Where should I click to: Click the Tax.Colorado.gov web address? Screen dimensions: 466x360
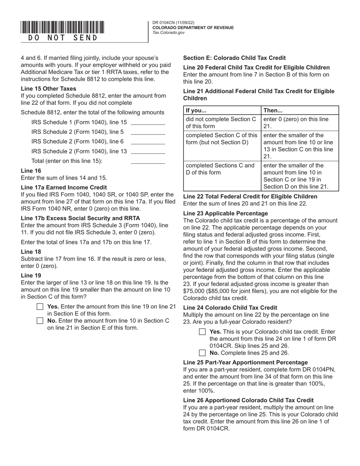(x=169, y=33)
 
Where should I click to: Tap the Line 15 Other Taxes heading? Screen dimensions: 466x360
(x=49, y=89)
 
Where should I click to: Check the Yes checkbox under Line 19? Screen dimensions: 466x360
(x=40, y=306)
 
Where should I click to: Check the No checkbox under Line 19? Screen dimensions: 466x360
(x=40, y=321)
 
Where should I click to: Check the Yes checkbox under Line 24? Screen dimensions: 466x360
(x=202, y=332)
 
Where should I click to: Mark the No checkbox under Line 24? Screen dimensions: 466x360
(x=202, y=353)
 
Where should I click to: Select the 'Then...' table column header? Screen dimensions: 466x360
(x=273, y=111)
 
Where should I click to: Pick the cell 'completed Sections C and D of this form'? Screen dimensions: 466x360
(x=222, y=169)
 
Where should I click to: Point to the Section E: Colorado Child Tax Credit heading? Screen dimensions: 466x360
(x=235, y=58)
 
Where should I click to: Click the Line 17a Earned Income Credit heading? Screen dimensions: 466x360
(x=64, y=187)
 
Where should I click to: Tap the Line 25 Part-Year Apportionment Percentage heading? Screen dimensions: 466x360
(x=246, y=362)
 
